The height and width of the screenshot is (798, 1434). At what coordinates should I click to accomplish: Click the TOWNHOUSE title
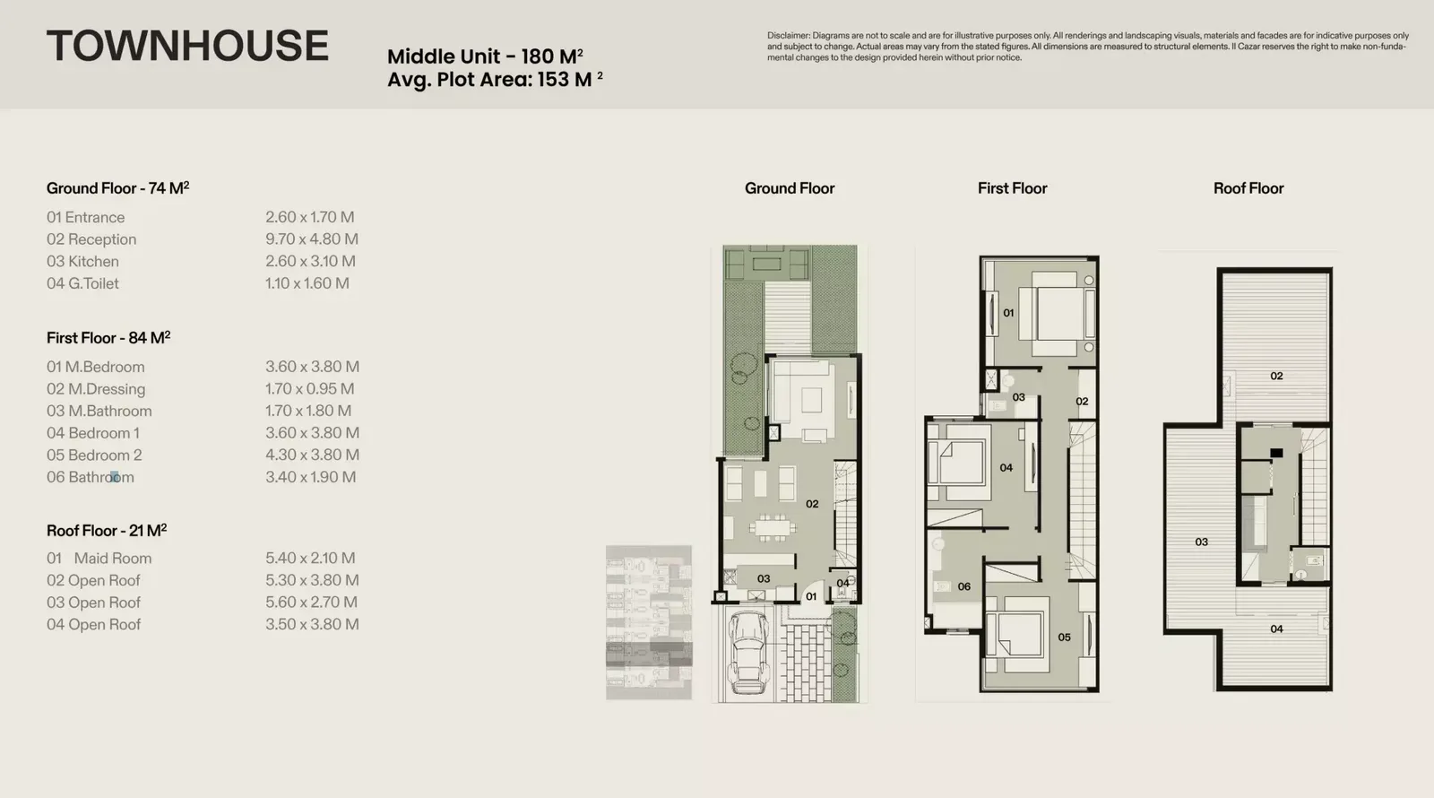187,46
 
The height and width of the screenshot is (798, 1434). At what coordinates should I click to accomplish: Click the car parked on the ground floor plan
747,652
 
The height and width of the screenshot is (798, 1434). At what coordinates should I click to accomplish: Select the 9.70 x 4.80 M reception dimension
312,239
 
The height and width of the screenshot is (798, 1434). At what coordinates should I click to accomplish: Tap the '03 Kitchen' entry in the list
82,261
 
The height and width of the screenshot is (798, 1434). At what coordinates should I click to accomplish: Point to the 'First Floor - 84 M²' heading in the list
108,337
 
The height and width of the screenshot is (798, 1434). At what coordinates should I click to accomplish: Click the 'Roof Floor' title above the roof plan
1248,188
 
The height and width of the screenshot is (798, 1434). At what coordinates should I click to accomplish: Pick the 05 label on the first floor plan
1064,638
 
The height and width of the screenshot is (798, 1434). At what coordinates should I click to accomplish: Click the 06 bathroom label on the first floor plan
964,586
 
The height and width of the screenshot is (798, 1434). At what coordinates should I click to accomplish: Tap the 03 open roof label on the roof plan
1202,542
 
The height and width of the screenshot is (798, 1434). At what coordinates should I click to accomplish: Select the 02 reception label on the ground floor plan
812,504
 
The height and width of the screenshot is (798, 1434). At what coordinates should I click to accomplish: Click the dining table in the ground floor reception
773,528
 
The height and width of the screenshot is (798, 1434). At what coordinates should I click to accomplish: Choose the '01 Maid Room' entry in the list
99,559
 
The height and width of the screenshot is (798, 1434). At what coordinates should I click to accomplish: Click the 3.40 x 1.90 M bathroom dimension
310,477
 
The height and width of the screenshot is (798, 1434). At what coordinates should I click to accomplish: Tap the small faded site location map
649,622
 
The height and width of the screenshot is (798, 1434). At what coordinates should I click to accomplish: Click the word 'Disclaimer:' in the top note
789,36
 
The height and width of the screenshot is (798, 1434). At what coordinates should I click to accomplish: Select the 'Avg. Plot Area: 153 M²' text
495,80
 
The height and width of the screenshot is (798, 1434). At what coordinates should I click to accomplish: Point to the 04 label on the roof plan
1276,629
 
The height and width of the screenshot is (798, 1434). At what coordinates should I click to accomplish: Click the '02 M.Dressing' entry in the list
96,389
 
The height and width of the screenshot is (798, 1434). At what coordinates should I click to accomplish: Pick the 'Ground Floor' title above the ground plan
790,188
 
